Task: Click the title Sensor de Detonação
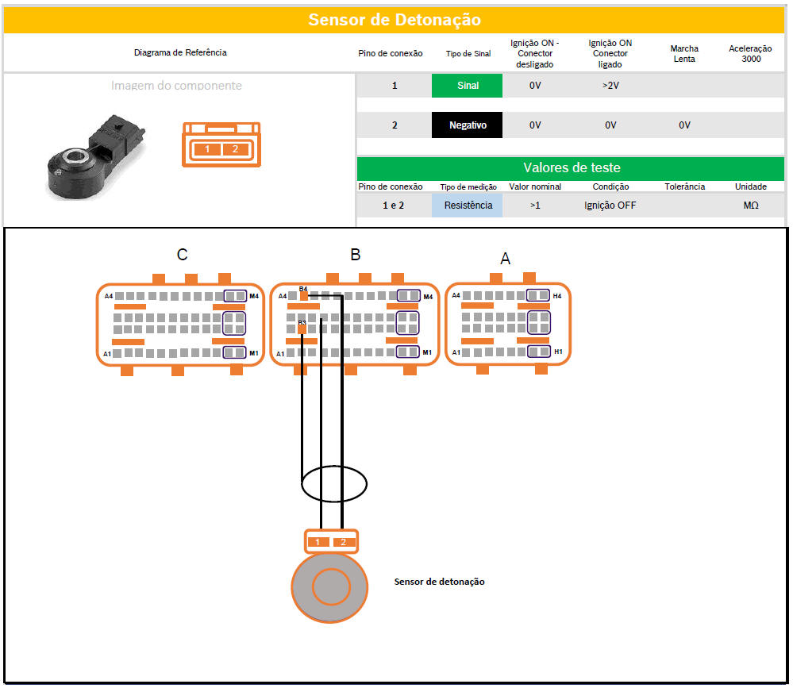pos(395,20)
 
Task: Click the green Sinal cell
pos(468,86)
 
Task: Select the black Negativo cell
pos(468,125)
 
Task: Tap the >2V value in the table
pos(610,86)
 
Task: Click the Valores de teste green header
pos(572,167)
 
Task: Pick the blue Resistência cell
pos(468,206)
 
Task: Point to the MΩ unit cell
pos(750,206)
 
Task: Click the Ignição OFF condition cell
pos(610,206)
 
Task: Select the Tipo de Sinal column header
pos(468,53)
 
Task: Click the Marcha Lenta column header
pos(684,53)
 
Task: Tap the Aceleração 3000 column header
pos(750,53)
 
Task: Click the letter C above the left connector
pos(183,255)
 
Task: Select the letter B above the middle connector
pos(356,255)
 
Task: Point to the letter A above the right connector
pos(506,259)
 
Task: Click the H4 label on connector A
pos(557,296)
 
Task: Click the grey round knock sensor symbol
pos(329,588)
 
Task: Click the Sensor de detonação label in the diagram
pos(439,582)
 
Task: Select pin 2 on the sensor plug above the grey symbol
pos(343,542)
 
